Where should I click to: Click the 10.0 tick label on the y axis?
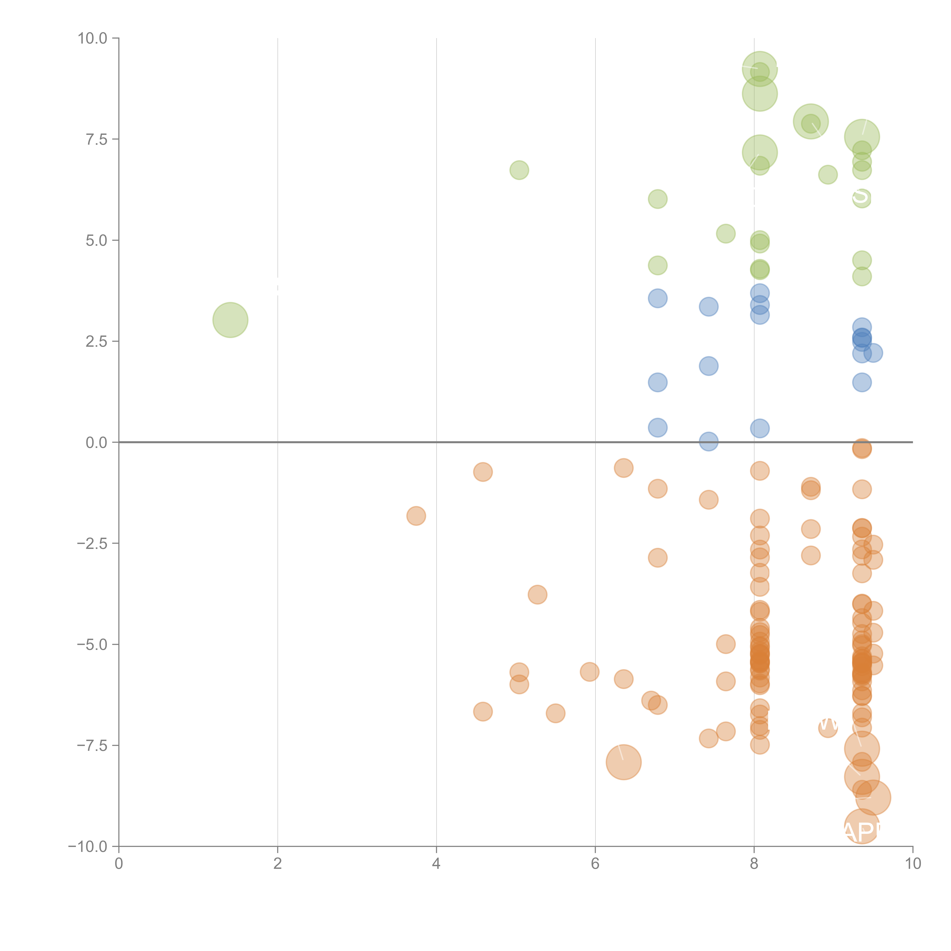(93, 38)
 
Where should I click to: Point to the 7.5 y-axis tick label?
(96, 139)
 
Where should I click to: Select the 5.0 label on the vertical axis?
(96, 241)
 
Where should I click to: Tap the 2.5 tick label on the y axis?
(96, 342)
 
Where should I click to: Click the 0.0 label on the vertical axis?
(96, 443)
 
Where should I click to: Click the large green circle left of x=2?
(230, 320)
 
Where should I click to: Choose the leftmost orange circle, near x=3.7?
(416, 516)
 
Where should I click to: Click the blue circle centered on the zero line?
(708, 441)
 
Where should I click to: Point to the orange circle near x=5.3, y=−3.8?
(538, 595)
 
